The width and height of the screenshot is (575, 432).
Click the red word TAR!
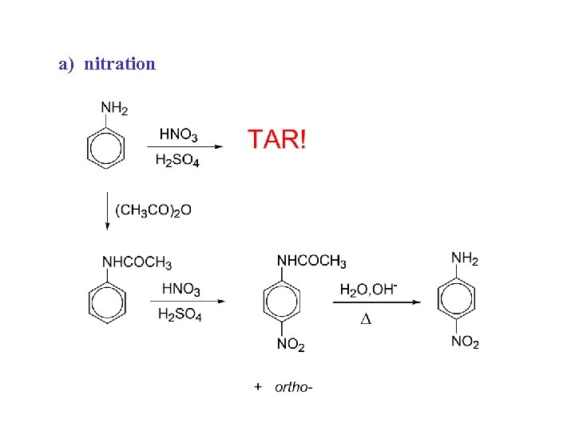pos(276,139)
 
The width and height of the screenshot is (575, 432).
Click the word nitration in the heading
pos(119,63)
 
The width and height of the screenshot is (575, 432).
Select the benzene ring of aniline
pos(105,149)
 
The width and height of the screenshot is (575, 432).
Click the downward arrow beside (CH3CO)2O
pos(107,211)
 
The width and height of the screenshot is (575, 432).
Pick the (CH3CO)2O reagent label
pos(153,210)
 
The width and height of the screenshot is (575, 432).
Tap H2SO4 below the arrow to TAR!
pos(177,161)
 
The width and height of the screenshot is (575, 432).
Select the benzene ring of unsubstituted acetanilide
pos(105,302)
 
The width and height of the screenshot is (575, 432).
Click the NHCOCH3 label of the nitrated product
pos(311,262)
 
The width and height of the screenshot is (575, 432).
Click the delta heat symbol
pos(367,320)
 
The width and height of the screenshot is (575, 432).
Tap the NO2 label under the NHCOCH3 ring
pos(291,345)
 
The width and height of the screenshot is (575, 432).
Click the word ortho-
pos(293,387)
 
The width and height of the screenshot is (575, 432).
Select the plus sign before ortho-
pos(258,387)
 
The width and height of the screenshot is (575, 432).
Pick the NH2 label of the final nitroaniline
pos(465,258)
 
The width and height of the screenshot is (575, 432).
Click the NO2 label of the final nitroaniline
pos(465,342)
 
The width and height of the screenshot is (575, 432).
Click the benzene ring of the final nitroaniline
pos(457,300)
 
